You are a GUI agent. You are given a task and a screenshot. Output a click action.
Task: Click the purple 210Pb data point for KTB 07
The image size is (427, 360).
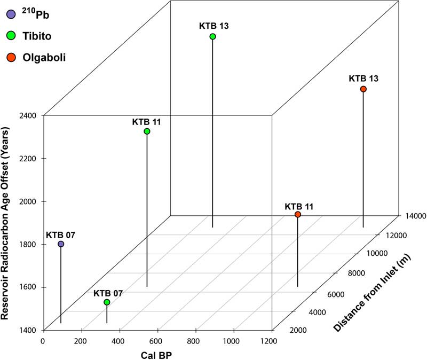click(x=61, y=244)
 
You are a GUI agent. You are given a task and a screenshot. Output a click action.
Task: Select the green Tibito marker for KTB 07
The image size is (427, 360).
click(x=107, y=302)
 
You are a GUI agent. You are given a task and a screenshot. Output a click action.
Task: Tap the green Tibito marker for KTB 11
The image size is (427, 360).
click(x=147, y=131)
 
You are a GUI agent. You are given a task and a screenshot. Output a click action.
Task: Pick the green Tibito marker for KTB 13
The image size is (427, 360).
click(x=212, y=36)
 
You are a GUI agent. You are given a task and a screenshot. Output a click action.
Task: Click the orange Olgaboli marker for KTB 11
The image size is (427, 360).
click(x=298, y=215)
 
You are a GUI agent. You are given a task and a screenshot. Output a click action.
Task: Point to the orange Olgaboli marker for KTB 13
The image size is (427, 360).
click(x=363, y=89)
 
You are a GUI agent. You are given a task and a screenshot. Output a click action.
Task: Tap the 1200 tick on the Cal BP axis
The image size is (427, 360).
click(x=271, y=341)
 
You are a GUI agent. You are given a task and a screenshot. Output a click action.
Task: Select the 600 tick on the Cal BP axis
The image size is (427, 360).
click(x=157, y=341)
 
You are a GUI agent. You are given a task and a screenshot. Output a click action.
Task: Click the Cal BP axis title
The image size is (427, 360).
click(x=157, y=354)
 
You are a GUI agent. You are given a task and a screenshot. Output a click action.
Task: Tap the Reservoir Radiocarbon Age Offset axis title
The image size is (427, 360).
click(x=6, y=223)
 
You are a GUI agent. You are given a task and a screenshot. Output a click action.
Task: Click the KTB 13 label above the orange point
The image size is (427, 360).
click(x=363, y=78)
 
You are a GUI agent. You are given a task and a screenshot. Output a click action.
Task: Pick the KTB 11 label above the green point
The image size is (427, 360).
click(x=147, y=121)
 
